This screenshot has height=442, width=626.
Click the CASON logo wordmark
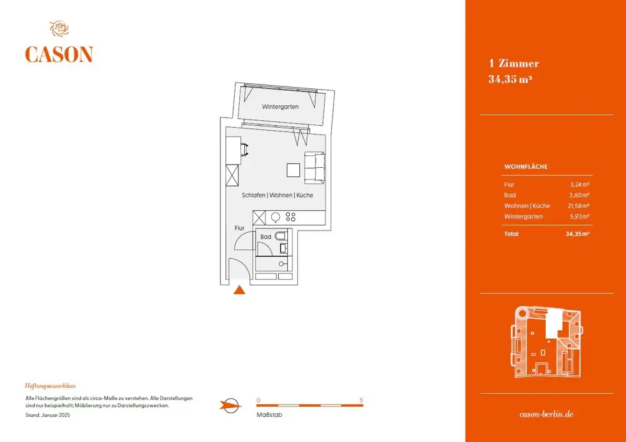59,54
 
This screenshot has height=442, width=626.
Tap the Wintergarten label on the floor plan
280,107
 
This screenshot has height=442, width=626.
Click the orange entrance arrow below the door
239,289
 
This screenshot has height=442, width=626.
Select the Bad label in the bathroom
266,237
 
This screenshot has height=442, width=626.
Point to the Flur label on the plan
239,229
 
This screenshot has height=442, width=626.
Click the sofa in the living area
315,168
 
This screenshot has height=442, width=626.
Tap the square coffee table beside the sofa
294,170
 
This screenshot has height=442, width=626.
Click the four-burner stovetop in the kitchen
290,217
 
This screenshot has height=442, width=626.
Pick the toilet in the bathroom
282,237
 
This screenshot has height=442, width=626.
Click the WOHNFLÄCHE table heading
526,167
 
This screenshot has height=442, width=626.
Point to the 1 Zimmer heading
513,63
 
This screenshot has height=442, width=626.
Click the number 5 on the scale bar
361,399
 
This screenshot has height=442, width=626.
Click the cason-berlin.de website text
546,414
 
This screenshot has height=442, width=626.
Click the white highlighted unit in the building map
552,326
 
